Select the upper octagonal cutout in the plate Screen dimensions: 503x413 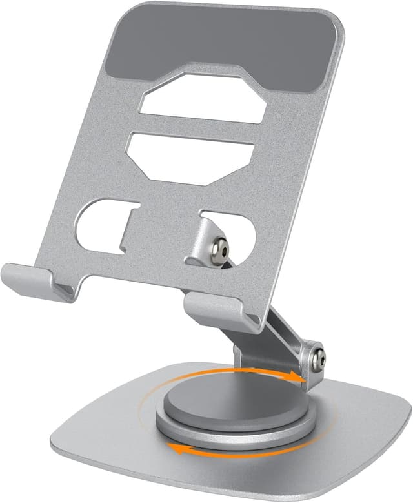[205, 99]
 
